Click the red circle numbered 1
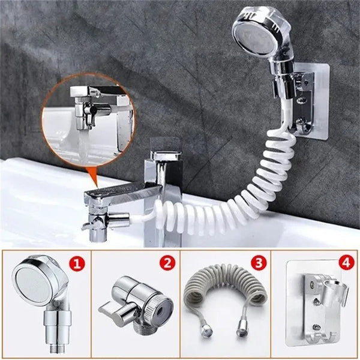click(x=77, y=263)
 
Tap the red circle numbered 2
click(x=167, y=263)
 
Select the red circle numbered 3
click(x=259, y=262)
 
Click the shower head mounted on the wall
click(x=264, y=46)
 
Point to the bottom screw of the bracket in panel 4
click(x=317, y=326)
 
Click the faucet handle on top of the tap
click(x=166, y=155)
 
